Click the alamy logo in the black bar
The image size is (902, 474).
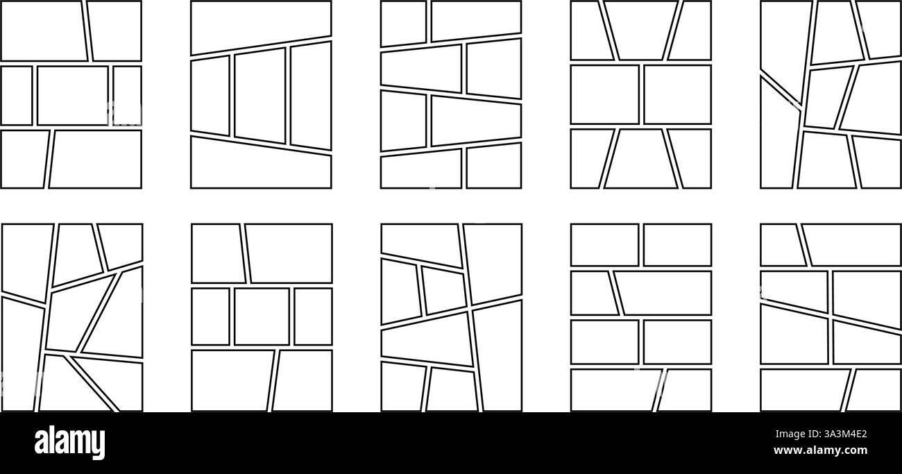(70, 442)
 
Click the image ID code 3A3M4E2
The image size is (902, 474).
(841, 435)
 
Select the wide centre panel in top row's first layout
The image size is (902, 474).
(72, 96)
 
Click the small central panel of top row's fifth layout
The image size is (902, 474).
(827, 97)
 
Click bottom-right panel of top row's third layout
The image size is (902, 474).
(493, 167)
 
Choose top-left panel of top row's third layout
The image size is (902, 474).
(403, 23)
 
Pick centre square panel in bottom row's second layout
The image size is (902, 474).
(262, 316)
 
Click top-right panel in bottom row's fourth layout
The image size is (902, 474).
(677, 245)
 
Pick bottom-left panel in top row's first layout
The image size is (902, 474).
(24, 159)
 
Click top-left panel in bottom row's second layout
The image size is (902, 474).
(217, 253)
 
